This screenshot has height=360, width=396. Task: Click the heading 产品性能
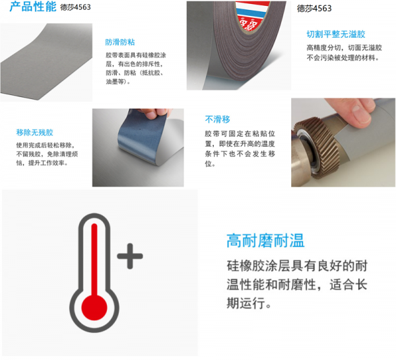click(32, 7)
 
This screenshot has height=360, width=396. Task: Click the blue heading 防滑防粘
click(120, 42)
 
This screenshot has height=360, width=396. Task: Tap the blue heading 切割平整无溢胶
click(336, 34)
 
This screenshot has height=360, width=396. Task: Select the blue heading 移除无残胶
click(34, 132)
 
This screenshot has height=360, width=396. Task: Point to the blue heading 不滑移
click(217, 120)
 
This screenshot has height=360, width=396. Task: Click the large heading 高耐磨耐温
click(265, 240)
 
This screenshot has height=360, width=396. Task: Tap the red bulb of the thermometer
click(94, 307)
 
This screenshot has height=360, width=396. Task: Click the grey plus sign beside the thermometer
click(130, 256)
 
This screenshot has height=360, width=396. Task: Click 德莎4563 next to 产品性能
click(75, 7)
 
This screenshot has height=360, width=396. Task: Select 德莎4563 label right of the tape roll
click(314, 9)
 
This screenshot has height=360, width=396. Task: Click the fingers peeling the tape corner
click(153, 113)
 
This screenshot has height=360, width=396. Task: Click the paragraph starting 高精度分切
click(344, 53)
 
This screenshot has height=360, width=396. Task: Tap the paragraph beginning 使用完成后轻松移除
click(47, 154)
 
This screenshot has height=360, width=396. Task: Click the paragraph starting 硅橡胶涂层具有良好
click(297, 285)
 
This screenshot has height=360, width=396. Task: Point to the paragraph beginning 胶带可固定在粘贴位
click(240, 149)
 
